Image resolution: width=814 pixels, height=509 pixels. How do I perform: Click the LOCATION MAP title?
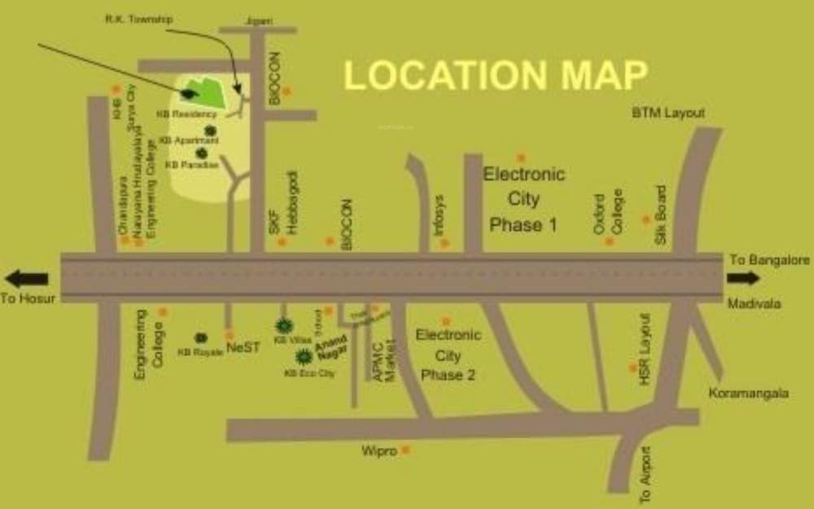495,75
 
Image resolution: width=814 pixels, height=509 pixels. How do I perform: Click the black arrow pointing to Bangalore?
743,278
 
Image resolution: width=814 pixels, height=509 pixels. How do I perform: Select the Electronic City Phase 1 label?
523,199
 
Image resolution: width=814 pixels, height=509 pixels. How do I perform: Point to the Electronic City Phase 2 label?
448,355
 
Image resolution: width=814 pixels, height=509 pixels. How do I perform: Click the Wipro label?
379,450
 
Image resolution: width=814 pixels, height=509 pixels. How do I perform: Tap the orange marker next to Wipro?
405,449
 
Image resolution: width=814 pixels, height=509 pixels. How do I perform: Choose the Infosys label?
439,215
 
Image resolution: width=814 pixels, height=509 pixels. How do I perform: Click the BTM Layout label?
668,113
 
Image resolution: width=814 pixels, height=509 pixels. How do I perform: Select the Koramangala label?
748,393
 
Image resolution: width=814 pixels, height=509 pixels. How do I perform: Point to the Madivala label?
755,303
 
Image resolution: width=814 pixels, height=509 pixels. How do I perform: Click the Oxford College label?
609,213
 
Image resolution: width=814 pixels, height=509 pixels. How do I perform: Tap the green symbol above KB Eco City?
304,355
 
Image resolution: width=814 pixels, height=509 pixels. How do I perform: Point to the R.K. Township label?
138,18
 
